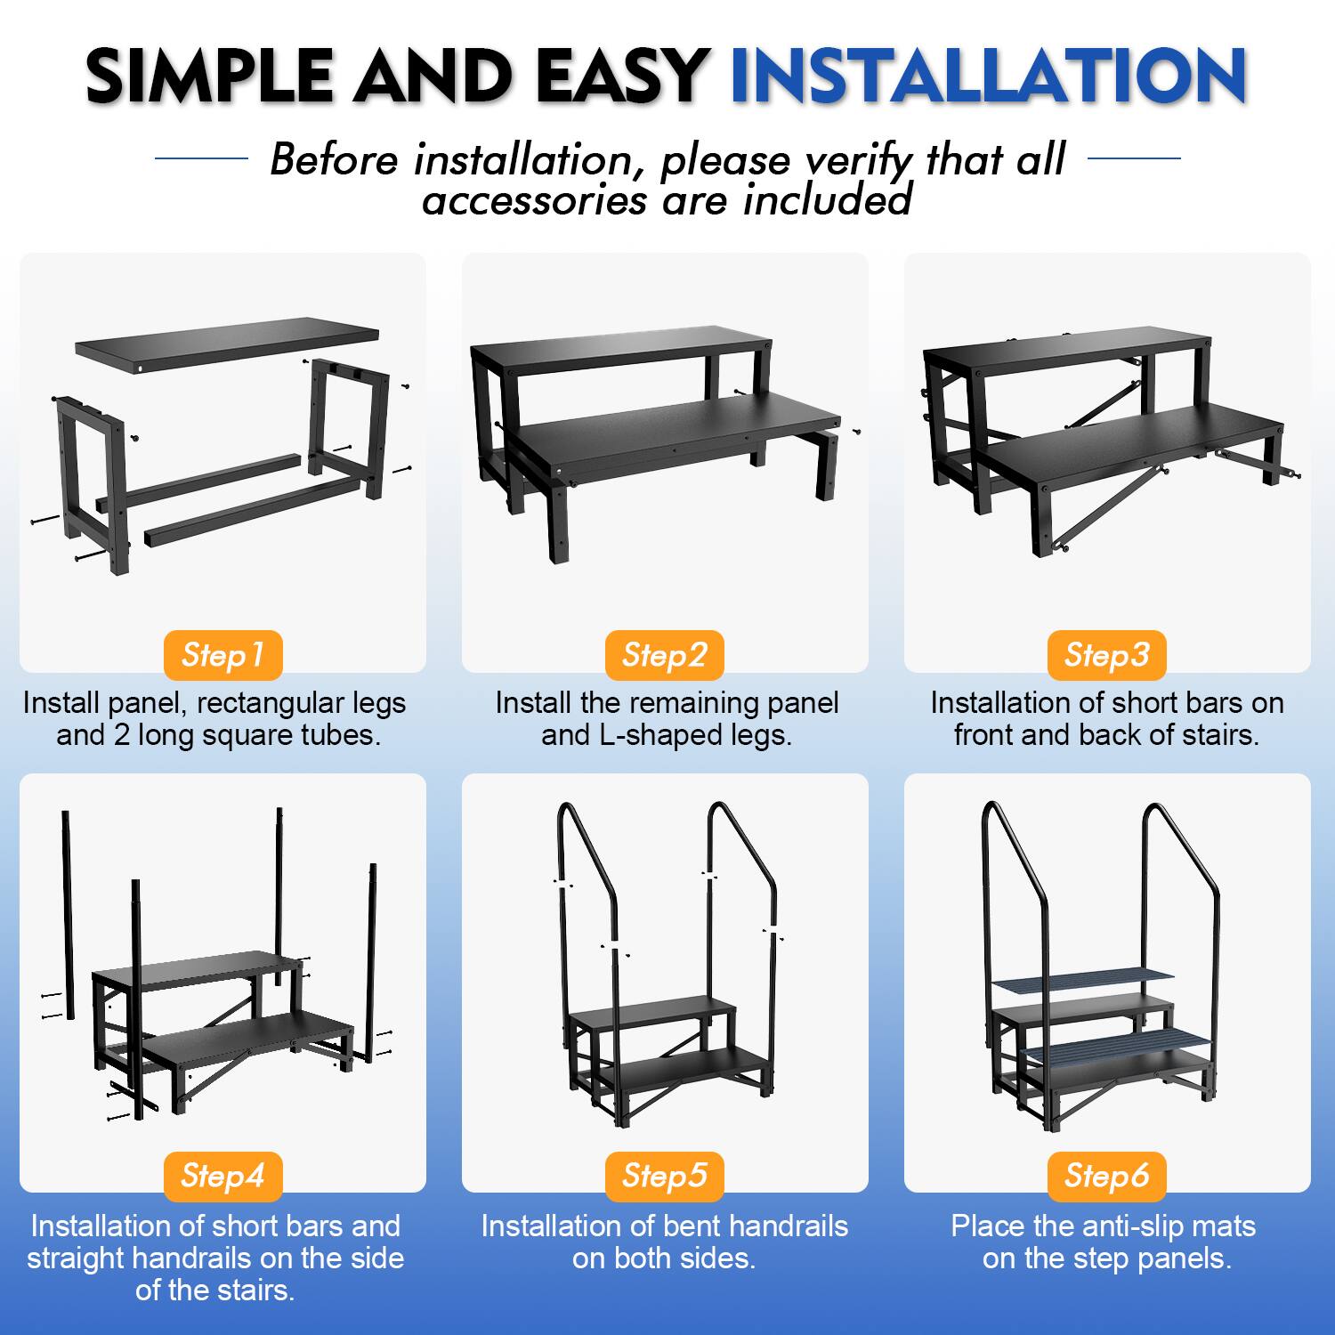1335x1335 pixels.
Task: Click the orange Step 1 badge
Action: [x=222, y=655]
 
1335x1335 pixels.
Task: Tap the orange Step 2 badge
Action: [x=665, y=655]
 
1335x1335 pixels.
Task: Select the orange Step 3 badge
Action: [x=1106, y=655]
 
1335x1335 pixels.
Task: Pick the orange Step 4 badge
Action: [x=222, y=1176]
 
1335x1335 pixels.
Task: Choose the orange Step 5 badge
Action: [x=665, y=1176]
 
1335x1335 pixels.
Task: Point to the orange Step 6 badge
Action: [x=1106, y=1176]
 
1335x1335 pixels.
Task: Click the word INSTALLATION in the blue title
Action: [x=988, y=77]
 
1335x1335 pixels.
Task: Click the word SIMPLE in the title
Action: [x=209, y=77]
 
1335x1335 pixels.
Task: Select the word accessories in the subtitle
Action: [x=534, y=200]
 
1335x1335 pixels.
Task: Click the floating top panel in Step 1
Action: [x=227, y=343]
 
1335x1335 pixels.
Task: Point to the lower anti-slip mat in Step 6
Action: [x=1117, y=1043]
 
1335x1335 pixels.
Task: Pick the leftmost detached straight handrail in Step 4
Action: [x=68, y=912]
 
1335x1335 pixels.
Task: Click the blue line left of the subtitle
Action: [x=201, y=159]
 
